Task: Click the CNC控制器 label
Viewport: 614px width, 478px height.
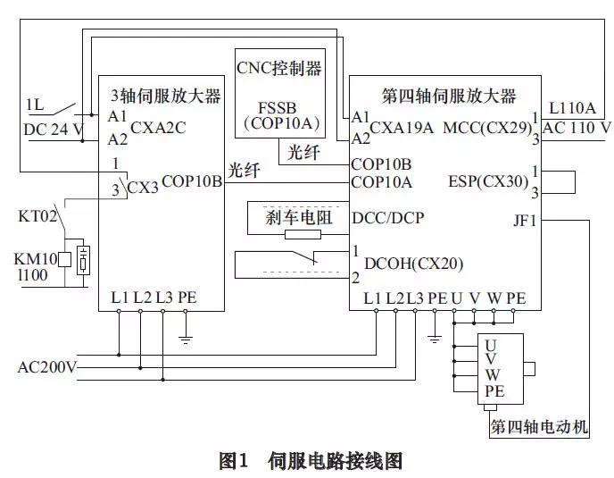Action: [278, 68]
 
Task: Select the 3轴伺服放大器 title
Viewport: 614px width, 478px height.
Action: [165, 95]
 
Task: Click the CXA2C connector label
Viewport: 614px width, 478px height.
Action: [158, 128]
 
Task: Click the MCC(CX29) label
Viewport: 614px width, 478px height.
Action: [485, 128]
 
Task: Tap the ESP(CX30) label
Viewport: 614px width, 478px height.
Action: [488, 180]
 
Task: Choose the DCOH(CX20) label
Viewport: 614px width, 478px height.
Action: [413, 263]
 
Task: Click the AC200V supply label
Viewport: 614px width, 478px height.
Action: [47, 367]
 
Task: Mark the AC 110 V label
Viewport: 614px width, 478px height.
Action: [577, 128]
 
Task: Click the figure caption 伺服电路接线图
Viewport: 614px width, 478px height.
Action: [335, 461]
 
